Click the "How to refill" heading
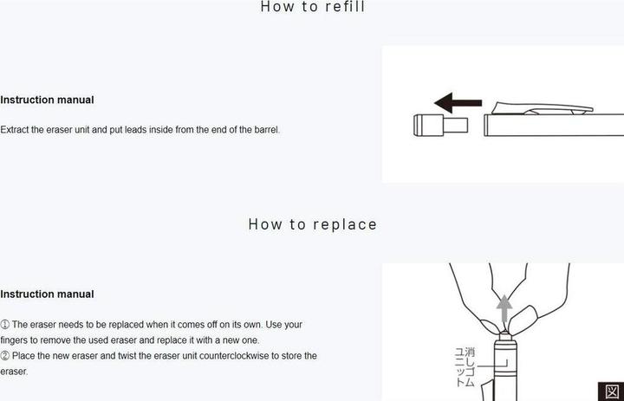click(313, 7)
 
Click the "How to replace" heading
click(312, 224)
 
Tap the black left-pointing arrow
click(458, 103)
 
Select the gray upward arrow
click(504, 308)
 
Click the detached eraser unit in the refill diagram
click(440, 126)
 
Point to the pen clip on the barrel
click(542, 108)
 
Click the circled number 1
click(4, 325)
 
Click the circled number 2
click(4, 356)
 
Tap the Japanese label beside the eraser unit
click(465, 367)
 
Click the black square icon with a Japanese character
click(611, 391)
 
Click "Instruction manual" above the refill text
click(47, 100)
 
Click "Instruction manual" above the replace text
click(47, 294)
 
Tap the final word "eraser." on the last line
click(14, 372)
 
